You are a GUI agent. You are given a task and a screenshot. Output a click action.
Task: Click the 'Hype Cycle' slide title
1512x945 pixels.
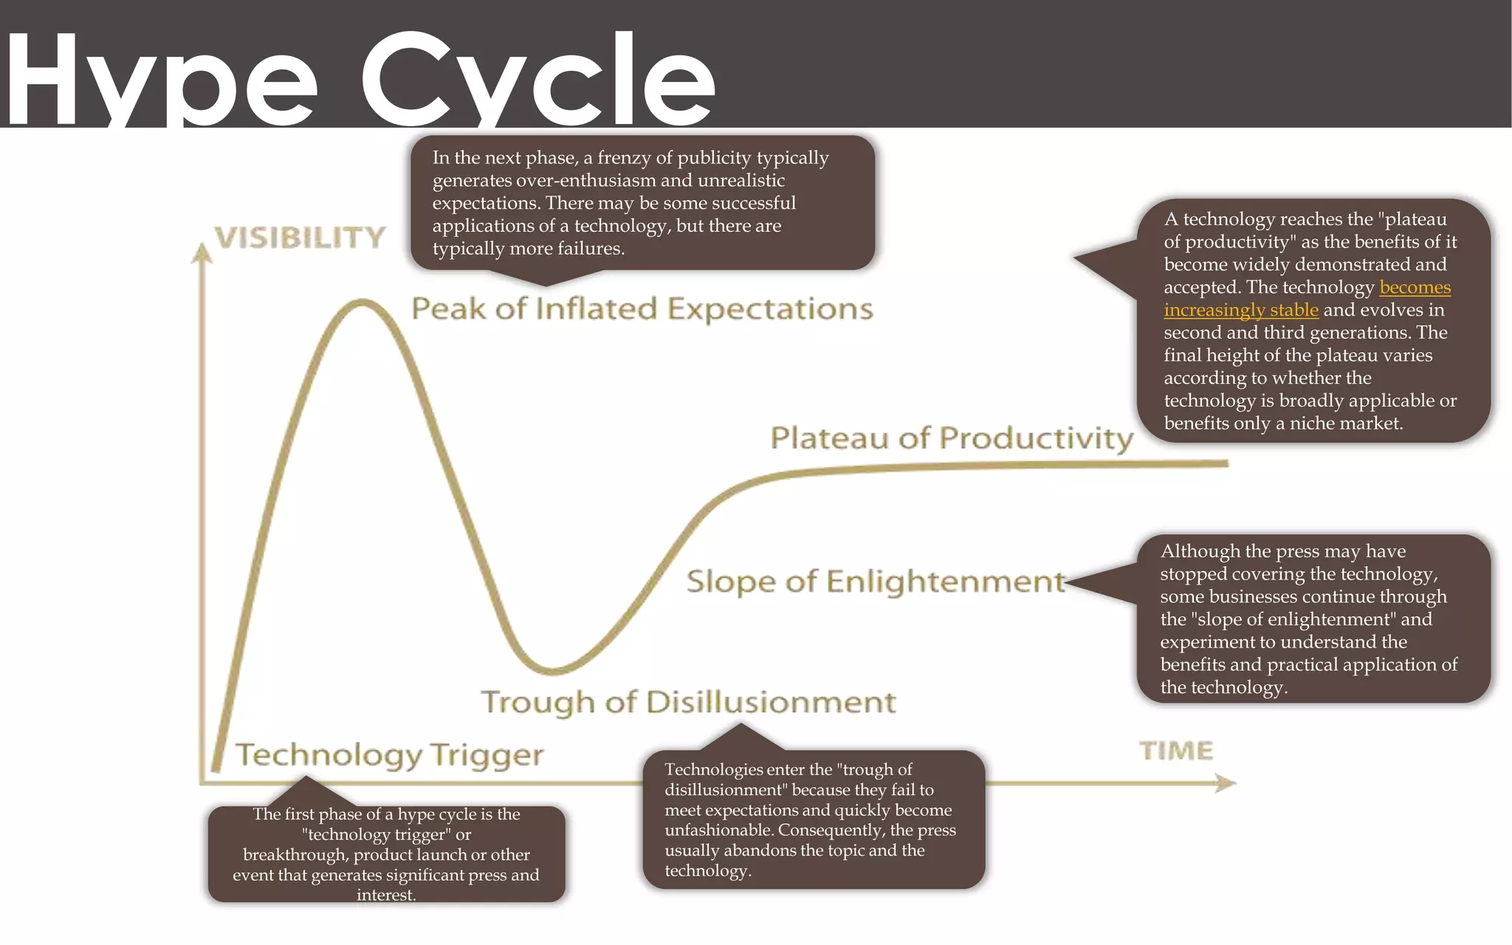point(360,78)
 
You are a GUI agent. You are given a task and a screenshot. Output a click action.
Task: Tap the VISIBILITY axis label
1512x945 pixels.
point(300,238)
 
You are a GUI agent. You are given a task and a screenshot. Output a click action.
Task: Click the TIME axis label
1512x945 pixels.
point(1176,751)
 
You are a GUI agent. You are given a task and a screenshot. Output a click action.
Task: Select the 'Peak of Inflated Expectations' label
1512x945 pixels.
point(642,309)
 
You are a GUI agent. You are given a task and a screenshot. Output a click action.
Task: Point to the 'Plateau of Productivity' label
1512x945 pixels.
point(952,438)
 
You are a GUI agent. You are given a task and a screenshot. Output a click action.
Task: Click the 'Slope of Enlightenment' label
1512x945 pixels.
point(876,582)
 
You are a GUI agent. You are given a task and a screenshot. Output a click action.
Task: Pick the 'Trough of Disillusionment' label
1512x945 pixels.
point(688,702)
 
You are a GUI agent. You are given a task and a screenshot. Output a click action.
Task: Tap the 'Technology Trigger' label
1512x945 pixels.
point(390,755)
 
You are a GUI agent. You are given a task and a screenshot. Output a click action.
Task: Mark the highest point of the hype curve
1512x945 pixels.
point(362,301)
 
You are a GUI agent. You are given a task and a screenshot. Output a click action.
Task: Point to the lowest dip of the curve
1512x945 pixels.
point(552,670)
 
